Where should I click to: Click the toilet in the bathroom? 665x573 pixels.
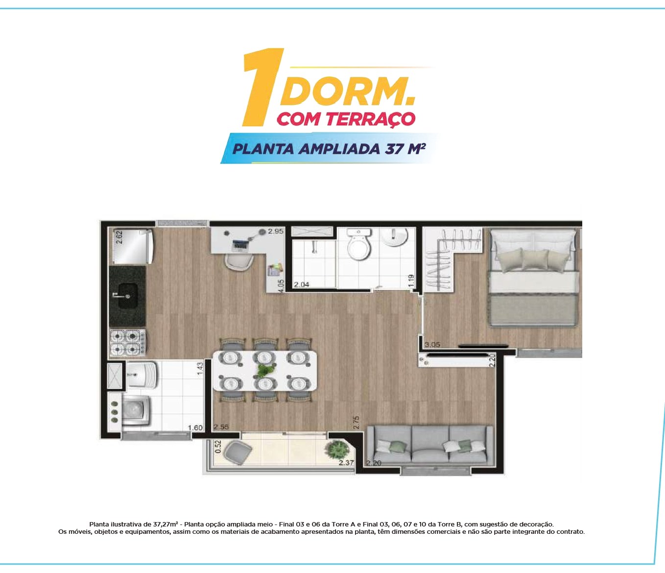click(x=360, y=245)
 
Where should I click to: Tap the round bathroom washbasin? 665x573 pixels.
click(x=394, y=237)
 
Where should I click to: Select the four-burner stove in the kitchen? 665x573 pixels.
click(x=128, y=343)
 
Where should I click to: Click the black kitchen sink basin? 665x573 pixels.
click(x=128, y=295)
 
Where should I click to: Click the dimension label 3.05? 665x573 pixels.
click(x=432, y=345)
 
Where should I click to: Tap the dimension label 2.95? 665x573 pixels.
click(x=276, y=231)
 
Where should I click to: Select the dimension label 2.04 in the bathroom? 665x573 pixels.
click(x=302, y=285)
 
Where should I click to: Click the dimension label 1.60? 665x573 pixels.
click(x=195, y=428)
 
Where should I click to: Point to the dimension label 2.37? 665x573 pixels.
click(x=346, y=463)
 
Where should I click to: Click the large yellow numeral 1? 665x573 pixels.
click(x=262, y=87)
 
